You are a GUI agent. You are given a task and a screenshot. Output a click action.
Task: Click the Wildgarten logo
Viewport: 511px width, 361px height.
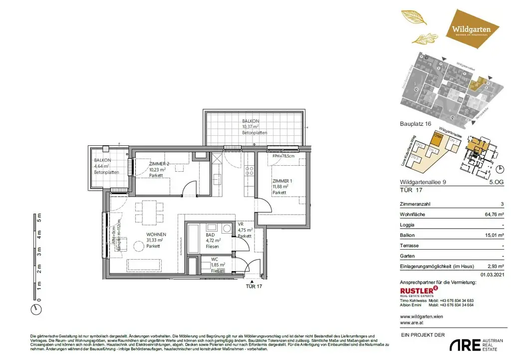point(471,29)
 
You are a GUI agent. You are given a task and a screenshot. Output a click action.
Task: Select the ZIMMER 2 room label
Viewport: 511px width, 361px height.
point(160,164)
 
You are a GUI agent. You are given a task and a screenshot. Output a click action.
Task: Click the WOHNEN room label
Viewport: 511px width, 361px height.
point(156,234)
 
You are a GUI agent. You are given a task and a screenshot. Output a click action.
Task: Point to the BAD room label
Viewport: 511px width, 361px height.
point(210,234)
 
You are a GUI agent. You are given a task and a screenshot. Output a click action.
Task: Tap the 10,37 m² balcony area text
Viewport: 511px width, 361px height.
point(255,127)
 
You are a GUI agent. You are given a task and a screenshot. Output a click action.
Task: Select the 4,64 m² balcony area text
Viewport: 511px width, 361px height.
point(105,166)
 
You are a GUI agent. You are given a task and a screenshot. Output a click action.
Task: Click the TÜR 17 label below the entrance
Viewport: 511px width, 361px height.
point(254,287)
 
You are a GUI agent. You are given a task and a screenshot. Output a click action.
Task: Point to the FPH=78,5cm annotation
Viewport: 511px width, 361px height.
point(284,156)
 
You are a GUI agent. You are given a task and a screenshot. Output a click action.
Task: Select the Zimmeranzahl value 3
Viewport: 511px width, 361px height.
point(502,204)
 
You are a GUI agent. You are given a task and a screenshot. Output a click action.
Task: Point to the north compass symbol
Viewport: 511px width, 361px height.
point(35,309)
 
